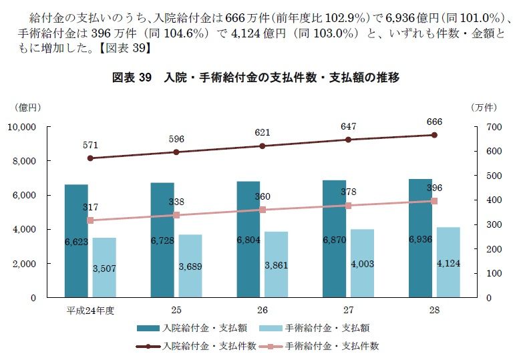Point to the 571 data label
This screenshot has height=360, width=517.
point(90,145)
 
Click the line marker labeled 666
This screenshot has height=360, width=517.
point(434,135)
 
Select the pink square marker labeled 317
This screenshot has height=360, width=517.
point(91,220)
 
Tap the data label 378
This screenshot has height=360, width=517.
point(349,192)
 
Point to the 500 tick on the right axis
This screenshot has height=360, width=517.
point(492,176)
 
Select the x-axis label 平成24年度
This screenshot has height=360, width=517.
point(90,311)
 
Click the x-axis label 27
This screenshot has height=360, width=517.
point(349,311)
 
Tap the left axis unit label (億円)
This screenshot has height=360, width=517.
point(27,107)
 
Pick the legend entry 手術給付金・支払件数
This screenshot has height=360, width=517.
point(331,345)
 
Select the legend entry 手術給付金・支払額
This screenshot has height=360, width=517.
point(327,328)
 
